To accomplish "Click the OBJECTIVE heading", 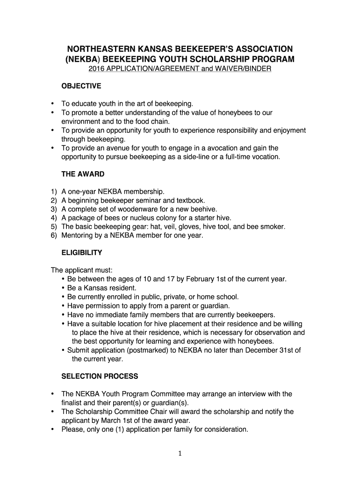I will (x=81, y=86).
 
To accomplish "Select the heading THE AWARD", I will (x=83, y=174).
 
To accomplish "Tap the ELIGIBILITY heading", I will (x=82, y=253).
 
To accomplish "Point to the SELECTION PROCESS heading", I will (x=100, y=376).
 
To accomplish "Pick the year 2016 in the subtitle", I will (x=97, y=69).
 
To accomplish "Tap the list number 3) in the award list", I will (x=53, y=209).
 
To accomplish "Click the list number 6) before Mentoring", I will (x=53, y=236).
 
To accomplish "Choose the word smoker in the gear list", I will (x=273, y=227).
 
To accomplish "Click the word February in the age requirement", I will (x=201, y=279).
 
